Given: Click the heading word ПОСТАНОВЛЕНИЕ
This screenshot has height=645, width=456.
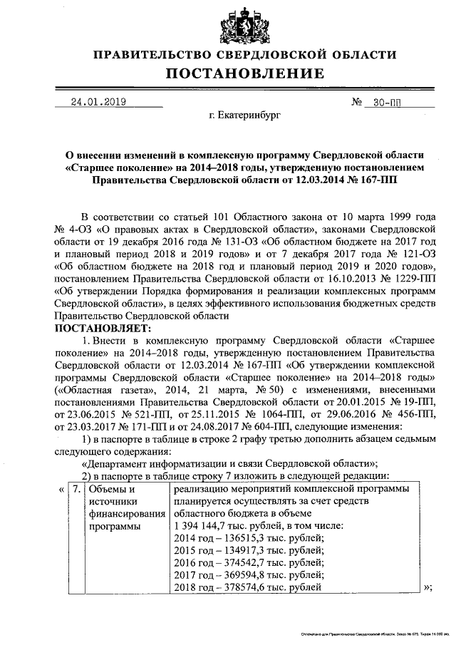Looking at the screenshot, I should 245,73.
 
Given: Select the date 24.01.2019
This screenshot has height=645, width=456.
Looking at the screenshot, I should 98,101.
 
